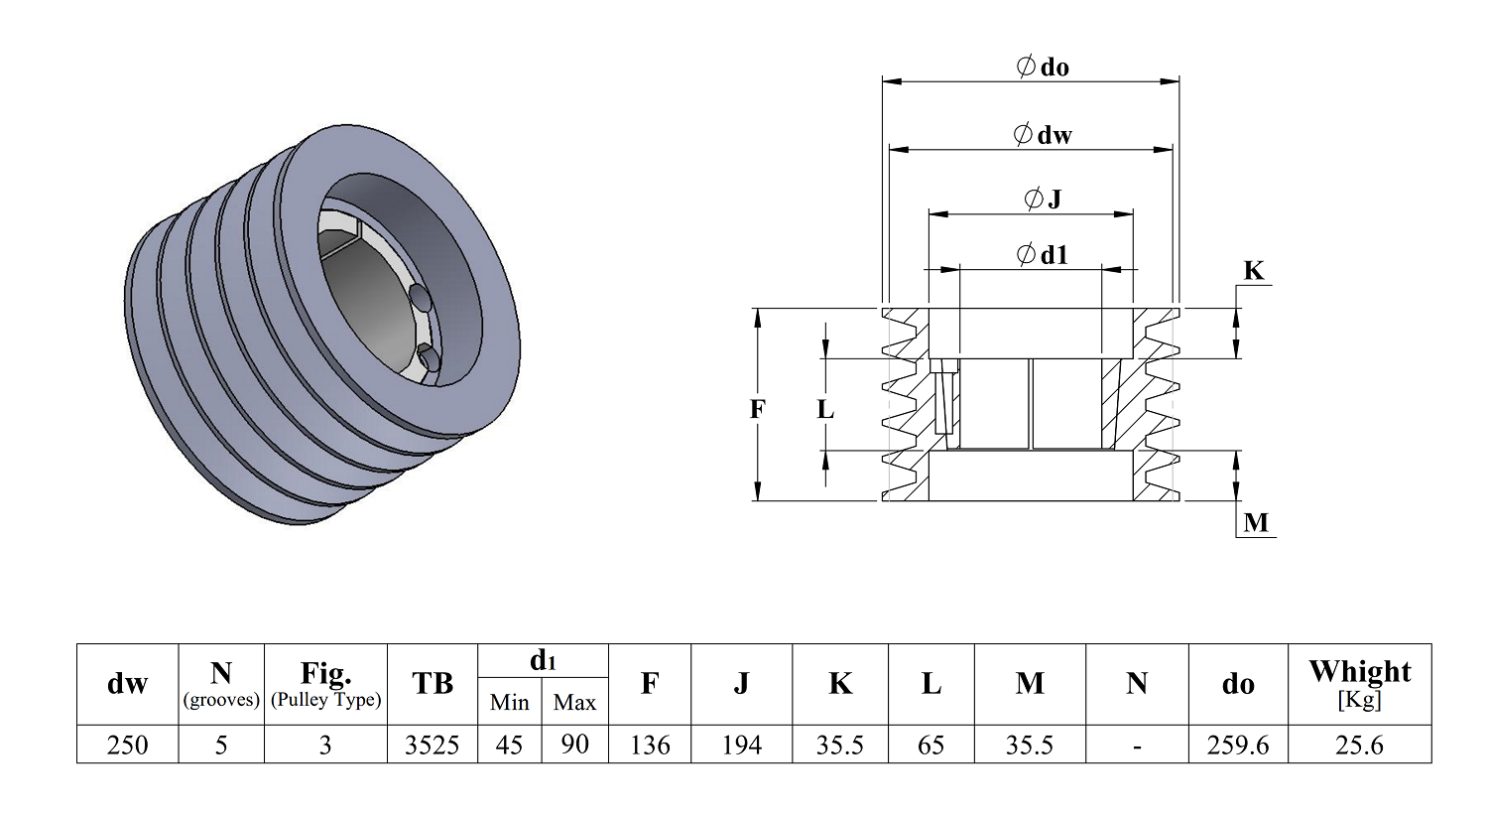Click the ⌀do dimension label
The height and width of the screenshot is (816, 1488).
(1043, 68)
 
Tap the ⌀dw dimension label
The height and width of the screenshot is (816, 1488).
(1043, 135)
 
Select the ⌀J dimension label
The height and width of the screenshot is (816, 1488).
(1043, 199)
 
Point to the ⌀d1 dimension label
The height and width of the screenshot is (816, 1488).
(1043, 254)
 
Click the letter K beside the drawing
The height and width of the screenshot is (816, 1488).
(1254, 271)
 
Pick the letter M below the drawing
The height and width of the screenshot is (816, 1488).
(1256, 523)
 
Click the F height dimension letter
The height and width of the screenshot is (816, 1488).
(757, 409)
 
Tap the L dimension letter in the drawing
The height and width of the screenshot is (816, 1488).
(825, 409)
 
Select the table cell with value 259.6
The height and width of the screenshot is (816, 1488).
(1238, 745)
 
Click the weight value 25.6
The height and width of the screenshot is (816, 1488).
(1359, 745)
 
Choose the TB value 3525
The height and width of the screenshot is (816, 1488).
(432, 745)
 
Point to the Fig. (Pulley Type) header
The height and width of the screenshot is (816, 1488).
(325, 684)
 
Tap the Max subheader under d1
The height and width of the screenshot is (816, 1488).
(574, 703)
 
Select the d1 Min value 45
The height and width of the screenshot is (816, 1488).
(509, 745)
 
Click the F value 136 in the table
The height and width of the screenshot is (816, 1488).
(650, 745)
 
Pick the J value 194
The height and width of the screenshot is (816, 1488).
(741, 745)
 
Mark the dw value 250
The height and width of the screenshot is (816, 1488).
(128, 745)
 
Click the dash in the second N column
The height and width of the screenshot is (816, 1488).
(1137, 746)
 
